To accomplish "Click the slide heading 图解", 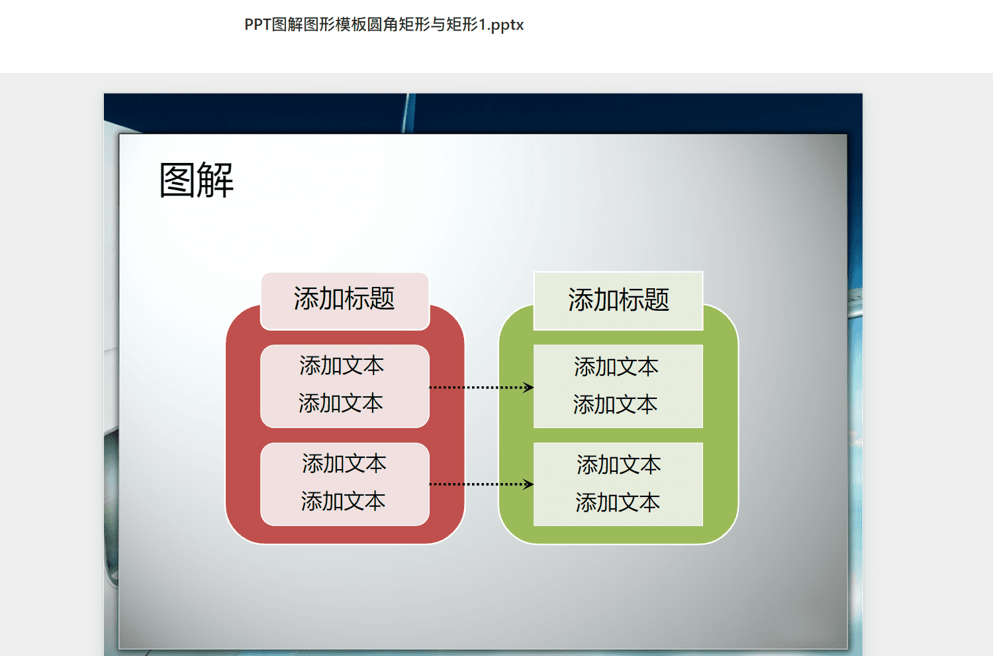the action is (197, 180).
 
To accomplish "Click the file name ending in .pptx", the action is (384, 25).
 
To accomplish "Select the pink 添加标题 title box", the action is (345, 301).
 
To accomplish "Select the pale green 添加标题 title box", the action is (618, 301).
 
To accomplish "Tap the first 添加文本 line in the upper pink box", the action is (342, 366).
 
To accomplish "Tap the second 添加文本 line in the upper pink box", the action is (340, 403).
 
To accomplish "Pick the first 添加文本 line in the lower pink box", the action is (344, 463).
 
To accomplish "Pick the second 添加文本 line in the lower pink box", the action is (343, 501).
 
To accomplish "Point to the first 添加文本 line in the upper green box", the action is (616, 367).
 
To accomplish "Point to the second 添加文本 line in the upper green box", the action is (615, 404).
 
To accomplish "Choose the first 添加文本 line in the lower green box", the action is (619, 465).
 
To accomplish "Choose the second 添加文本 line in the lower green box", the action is (618, 502).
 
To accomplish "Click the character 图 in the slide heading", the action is (177, 180).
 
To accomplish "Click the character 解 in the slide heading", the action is (215, 180).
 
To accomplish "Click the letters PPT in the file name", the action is (258, 25).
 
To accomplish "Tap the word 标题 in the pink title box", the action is (369, 298).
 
